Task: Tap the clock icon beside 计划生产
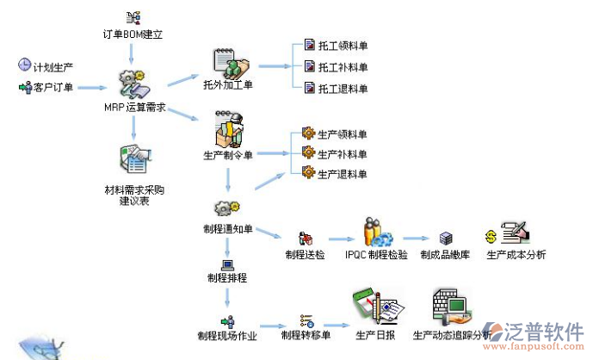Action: (25, 65)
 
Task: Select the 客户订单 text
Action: (53, 87)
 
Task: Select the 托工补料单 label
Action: (343, 66)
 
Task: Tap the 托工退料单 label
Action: (343, 88)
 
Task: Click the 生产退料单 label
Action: (343, 175)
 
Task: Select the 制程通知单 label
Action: (228, 230)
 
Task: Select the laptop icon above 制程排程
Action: (227, 264)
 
